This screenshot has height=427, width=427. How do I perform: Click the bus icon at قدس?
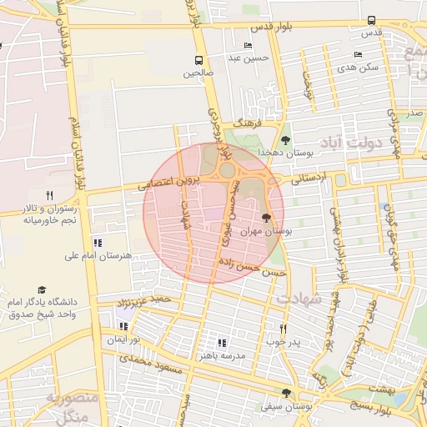coord(371,21)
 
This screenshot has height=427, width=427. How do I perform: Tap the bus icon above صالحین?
coord(198,60)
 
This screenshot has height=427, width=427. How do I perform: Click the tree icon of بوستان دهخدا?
coord(286,140)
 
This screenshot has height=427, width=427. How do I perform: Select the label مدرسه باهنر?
coord(220,354)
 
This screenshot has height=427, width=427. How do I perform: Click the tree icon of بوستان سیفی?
coord(286,393)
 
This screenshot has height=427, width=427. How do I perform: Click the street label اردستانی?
coord(308,177)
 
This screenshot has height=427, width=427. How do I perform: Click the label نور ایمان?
coord(123,340)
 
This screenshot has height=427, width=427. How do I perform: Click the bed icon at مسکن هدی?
coord(358,54)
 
